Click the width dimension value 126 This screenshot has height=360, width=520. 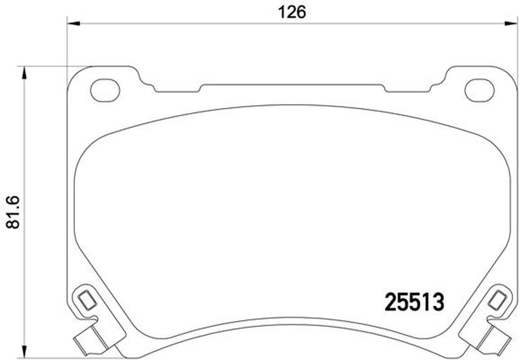pyautogui.click(x=292, y=12)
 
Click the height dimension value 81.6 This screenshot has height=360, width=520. pyautogui.click(x=13, y=212)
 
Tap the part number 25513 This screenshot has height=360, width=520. pyautogui.click(x=414, y=302)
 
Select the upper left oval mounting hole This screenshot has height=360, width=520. pyautogui.click(x=105, y=90)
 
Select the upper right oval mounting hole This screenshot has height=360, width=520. pyautogui.click(x=480, y=90)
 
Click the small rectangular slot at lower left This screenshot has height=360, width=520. pyautogui.click(x=87, y=300)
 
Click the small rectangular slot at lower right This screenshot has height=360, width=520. pyautogui.click(x=497, y=300)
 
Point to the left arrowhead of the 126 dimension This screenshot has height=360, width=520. pyautogui.click(x=73, y=23)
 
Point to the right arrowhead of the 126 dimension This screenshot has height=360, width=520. pyautogui.click(x=511, y=23)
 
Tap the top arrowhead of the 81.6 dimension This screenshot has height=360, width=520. pyautogui.click(x=24, y=73)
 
